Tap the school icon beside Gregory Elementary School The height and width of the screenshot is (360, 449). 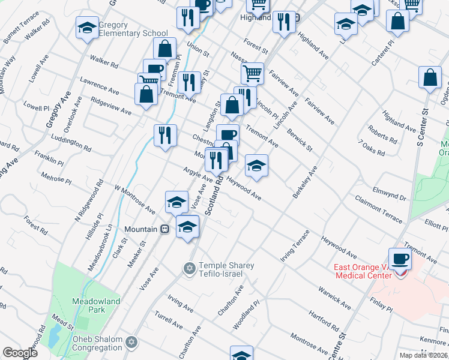tap(87, 28)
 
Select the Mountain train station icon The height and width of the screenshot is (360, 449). tap(163, 229)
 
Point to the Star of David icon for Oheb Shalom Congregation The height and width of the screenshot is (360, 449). tap(131, 343)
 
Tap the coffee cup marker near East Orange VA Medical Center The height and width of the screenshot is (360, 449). tap(399, 259)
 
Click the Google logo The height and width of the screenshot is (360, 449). tap(20, 352)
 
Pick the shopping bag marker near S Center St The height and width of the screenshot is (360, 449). tap(430, 77)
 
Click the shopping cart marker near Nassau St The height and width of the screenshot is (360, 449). tap(253, 73)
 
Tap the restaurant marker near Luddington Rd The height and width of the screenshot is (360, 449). tap(165, 134)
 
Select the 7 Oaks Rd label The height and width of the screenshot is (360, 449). tap(372, 148)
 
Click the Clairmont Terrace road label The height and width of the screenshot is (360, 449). tap(379, 209)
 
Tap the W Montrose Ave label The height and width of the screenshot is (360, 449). tap(135, 200)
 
